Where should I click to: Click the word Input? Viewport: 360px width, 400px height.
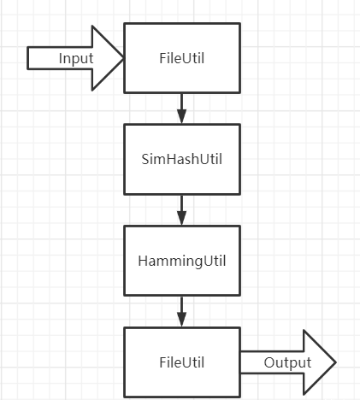point(76,59)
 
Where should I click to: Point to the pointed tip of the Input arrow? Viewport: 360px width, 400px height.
point(123,58)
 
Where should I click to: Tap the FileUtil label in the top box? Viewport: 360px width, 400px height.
point(182,58)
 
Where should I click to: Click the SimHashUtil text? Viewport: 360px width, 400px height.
point(182,159)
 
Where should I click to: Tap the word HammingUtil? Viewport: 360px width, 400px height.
point(182,262)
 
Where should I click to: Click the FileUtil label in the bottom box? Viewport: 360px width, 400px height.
point(182,362)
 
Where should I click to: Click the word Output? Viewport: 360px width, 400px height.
point(287,363)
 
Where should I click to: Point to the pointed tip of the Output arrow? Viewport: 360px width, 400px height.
point(336,362)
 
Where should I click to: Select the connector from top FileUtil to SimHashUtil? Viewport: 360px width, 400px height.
point(181,109)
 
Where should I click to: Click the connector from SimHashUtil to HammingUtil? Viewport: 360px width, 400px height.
point(181,210)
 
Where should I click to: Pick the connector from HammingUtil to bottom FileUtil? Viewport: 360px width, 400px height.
point(181,311)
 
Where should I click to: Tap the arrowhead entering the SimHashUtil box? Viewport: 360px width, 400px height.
point(181,116)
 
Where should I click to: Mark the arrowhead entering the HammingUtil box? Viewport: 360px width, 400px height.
point(181,218)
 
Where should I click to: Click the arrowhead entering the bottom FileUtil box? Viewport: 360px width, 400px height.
point(181,320)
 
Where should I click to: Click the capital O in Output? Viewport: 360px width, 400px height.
point(269,362)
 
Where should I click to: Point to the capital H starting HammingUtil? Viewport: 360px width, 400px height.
point(143,261)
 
